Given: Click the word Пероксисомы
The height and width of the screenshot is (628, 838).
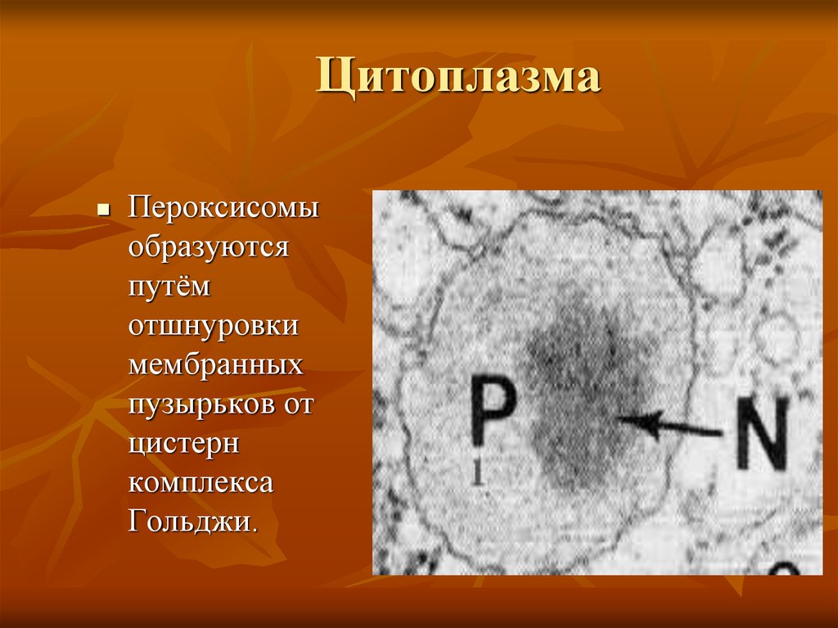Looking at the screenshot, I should point(223,208).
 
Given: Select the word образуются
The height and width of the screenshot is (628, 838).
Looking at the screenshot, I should point(208,246).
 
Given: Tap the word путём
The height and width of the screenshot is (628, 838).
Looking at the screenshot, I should point(169,287).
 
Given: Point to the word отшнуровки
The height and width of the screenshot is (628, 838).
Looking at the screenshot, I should point(212,326).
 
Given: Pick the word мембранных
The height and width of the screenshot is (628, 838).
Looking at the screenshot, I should point(215,365).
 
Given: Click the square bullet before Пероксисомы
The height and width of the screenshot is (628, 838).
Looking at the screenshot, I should point(103,210).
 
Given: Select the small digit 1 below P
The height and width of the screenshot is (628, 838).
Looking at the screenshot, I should point(476,474).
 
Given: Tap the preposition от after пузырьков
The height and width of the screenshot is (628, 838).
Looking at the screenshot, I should point(297,404).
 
